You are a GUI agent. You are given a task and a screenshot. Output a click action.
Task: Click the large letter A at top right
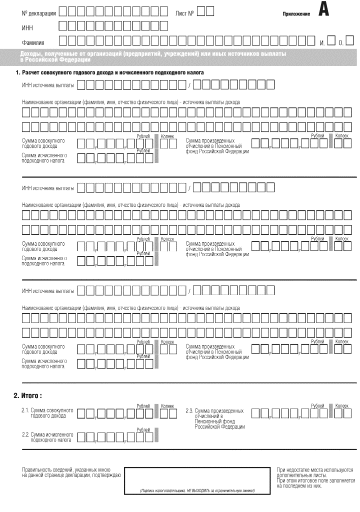click(324, 10)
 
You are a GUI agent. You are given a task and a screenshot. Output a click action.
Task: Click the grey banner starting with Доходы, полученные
click(180, 56)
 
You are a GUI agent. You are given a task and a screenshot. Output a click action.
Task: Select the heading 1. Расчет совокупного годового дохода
click(110, 73)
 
